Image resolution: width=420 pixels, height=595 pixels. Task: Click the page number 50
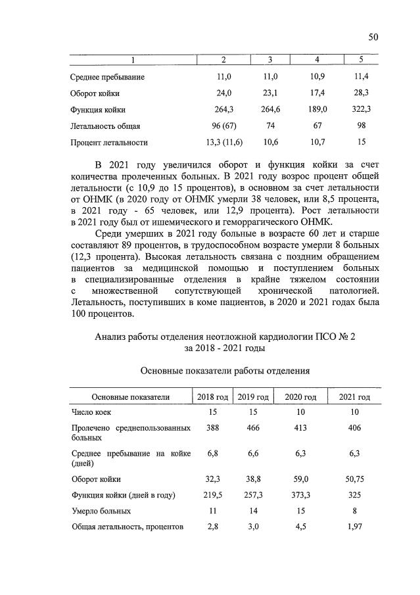tap(373, 37)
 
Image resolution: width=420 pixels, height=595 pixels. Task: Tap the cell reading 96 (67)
tap(223, 126)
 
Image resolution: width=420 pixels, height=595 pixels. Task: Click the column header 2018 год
tap(212, 397)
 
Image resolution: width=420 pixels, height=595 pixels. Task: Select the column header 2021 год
tap(354, 397)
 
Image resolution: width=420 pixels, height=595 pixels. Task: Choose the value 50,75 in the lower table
tap(354, 479)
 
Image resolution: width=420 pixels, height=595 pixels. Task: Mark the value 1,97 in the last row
tap(354, 527)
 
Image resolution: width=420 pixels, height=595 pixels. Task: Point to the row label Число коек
tap(91, 412)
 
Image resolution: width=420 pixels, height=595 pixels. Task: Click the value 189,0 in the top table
tap(317, 109)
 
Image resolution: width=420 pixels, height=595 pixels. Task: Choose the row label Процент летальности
tap(109, 142)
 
